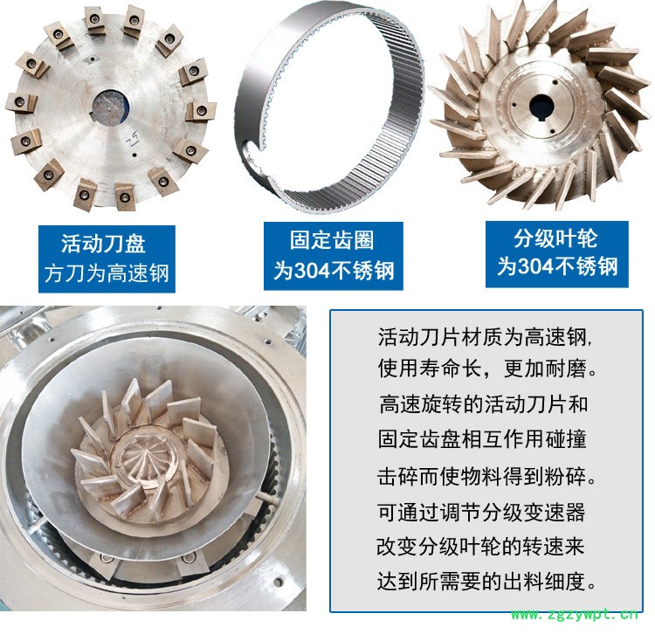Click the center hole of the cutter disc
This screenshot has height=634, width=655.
coord(110,107)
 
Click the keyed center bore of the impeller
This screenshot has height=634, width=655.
coord(541,107)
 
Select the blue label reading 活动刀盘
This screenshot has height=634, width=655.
coord(103,244)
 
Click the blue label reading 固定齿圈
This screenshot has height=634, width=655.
coord(332,240)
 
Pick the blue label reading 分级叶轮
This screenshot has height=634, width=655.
coord(555,238)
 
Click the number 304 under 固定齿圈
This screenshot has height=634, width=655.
coord(313,270)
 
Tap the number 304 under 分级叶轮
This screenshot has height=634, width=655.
coord(536,266)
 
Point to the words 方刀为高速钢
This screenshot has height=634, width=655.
coord(107,273)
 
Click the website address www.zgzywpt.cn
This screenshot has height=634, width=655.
coord(575,615)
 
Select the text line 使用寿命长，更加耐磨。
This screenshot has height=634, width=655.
coord(487,369)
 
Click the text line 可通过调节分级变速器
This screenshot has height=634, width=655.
coord(481,512)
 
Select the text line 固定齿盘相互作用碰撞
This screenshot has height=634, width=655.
coord(482,439)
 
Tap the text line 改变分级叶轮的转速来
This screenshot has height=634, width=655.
coord(480,547)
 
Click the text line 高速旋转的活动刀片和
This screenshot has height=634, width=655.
coord(484,404)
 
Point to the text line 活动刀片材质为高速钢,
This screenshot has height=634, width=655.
coord(485,336)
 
